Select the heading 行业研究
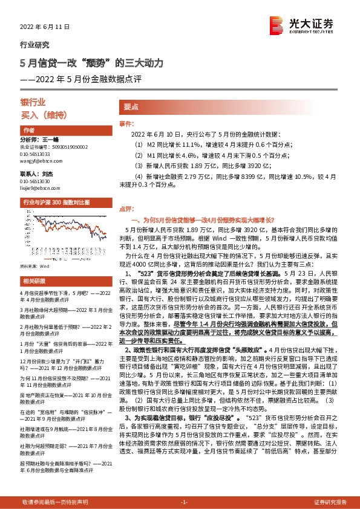point(35,45)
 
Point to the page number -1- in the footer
point(185,502)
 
